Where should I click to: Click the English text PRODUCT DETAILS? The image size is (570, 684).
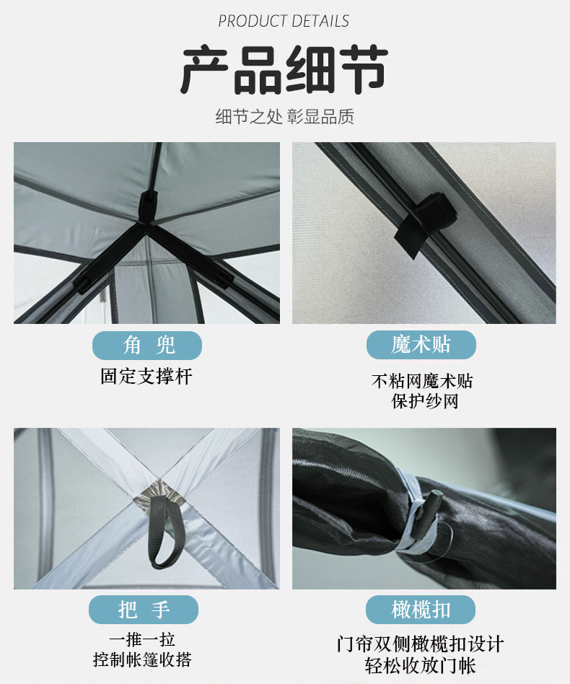click(x=284, y=21)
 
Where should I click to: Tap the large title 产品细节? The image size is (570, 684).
click(x=284, y=71)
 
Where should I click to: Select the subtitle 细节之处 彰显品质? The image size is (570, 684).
click(x=284, y=117)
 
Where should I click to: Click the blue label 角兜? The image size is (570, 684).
click(x=147, y=346)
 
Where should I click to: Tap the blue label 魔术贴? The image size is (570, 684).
click(x=421, y=345)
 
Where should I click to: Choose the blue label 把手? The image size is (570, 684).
click(x=144, y=610)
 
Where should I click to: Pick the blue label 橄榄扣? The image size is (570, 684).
click(x=421, y=610)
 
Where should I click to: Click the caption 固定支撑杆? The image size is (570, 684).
click(x=146, y=376)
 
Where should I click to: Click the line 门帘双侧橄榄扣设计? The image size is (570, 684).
click(x=421, y=644)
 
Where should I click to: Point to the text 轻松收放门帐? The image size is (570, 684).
click(x=421, y=665)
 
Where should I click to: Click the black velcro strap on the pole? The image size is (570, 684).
click(x=418, y=224)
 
